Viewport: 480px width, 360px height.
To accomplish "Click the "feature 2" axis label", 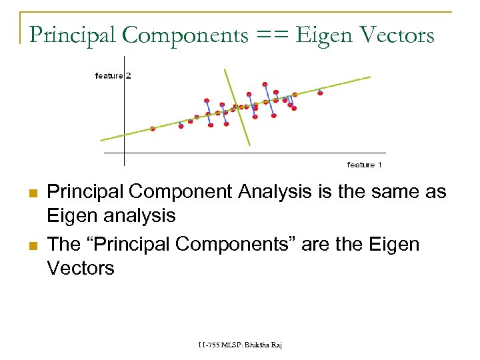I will [x=113, y=76].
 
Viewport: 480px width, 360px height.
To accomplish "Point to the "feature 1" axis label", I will [x=365, y=165].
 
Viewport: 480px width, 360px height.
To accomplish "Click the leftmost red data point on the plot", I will [x=153, y=129].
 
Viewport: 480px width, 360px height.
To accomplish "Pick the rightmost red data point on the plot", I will [x=320, y=93].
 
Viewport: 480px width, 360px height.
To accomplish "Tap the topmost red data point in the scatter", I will [x=265, y=84].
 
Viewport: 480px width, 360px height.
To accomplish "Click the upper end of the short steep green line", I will [x=225, y=69].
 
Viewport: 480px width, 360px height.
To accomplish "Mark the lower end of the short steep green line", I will [x=249, y=145].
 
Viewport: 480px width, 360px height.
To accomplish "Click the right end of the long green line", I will [x=370, y=77].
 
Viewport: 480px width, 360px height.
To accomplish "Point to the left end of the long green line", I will [x=101, y=140].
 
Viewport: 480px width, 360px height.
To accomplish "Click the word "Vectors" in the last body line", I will [x=81, y=268].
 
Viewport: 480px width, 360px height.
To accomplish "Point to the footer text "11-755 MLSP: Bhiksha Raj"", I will [x=240, y=345].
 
